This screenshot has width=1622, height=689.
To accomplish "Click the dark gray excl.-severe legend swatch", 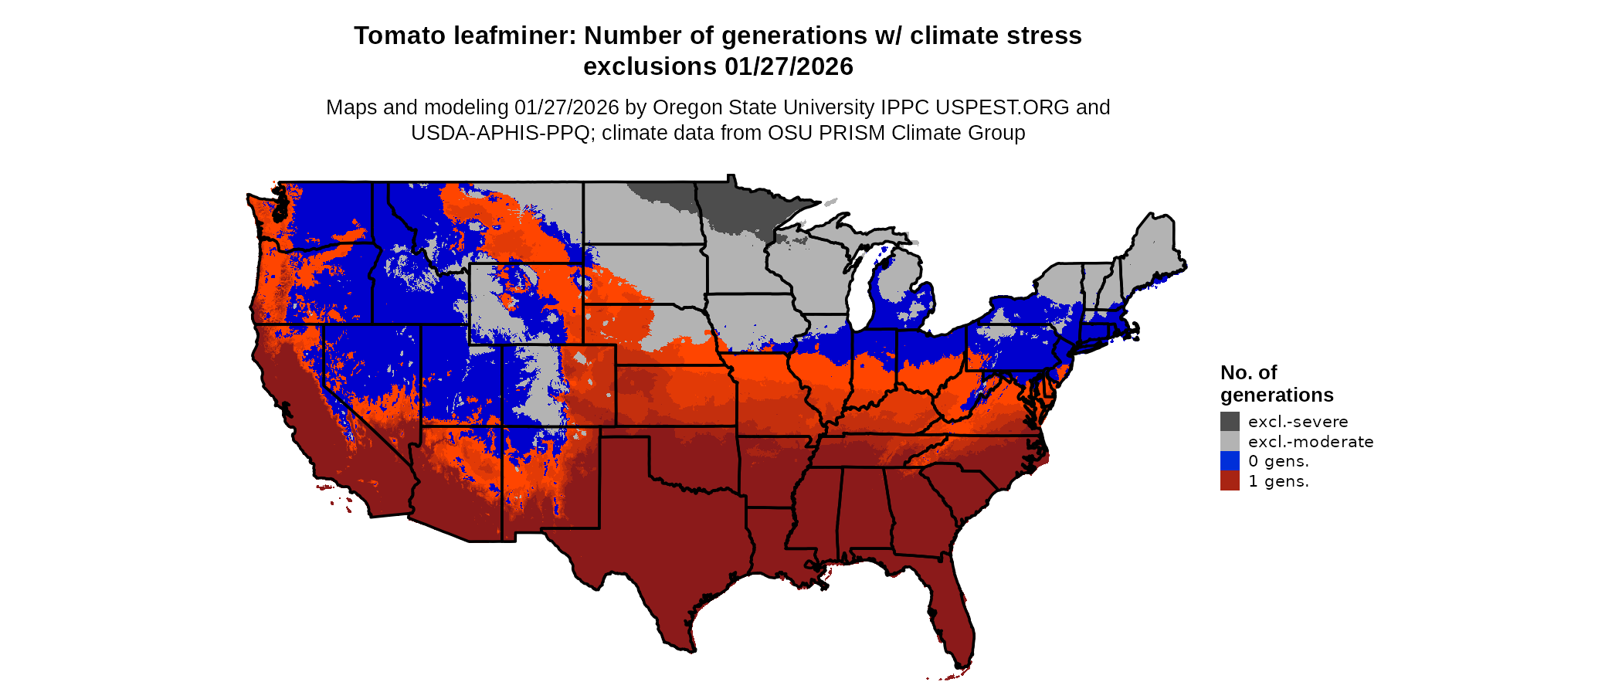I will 1230,421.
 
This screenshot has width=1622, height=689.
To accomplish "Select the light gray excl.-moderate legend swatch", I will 1230,441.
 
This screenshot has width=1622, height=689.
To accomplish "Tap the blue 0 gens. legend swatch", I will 1230,461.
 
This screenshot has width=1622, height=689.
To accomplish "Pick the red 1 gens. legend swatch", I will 1230,481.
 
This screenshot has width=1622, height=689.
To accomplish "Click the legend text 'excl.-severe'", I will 1298,422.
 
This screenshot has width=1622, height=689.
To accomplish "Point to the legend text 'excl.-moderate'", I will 1311,442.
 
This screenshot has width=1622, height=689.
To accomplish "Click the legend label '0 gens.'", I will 1278,461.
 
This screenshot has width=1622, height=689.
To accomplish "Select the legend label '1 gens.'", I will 1278,481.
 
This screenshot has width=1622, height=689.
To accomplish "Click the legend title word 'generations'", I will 1277,395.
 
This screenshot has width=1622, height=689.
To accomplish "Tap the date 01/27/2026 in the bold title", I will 789,66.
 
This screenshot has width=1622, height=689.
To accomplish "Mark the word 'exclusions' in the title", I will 650,66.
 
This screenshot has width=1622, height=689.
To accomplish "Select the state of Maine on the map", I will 1151,255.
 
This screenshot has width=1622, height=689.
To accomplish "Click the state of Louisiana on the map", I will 772,541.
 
